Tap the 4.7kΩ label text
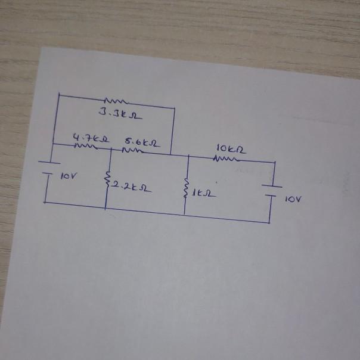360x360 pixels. click(x=85, y=139)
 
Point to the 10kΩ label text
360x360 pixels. click(x=231, y=148)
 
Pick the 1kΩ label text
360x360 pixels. click(x=203, y=193)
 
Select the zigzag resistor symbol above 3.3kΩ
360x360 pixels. click(x=113, y=101)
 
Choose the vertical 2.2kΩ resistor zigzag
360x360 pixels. click(x=108, y=178)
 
